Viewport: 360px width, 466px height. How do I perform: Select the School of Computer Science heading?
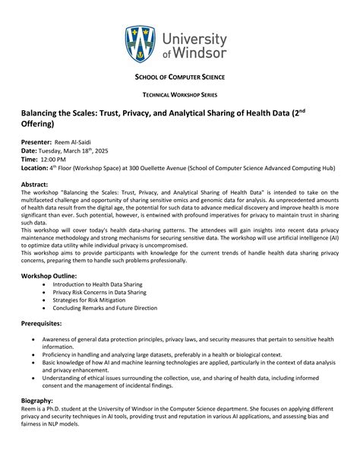179,78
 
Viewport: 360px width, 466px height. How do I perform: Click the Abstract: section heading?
35,185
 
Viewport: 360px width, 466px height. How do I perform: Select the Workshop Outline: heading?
49,274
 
